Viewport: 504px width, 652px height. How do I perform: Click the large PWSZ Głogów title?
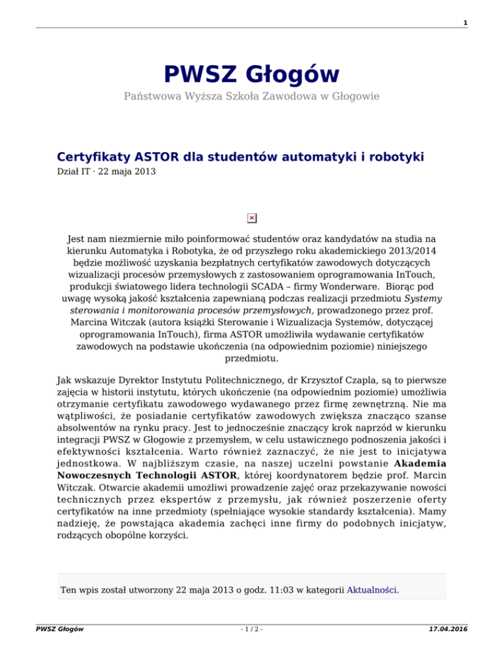point(252,73)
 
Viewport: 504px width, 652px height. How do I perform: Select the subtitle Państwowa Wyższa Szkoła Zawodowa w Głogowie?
point(252,96)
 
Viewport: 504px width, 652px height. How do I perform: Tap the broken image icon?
point(252,218)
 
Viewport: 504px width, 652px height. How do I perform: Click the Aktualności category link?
point(372,589)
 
